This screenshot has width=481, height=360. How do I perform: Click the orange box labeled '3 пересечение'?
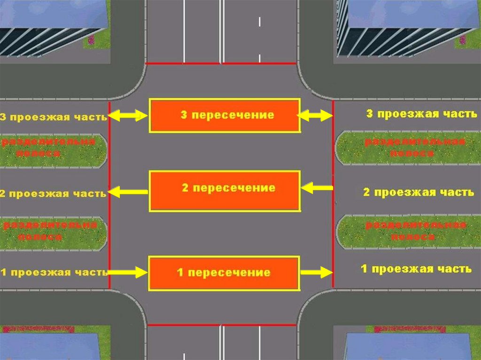225,115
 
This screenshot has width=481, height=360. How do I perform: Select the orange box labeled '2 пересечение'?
225,191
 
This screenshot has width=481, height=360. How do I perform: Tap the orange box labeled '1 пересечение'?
224,273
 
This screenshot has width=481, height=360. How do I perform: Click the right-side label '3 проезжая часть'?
409,114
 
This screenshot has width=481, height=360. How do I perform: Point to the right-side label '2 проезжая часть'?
419,192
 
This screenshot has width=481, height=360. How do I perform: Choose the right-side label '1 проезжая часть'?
416,269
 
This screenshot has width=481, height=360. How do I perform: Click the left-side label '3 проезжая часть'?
54,117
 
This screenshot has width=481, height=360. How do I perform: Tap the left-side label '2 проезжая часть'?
54,193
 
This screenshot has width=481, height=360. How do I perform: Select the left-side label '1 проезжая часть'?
54,272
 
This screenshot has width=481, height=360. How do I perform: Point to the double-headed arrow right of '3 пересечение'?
315,115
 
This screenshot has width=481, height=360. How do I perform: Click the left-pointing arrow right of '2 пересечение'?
316,189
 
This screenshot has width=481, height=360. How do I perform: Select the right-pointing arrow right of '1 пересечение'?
316,272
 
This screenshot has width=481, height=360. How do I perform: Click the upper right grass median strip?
408,148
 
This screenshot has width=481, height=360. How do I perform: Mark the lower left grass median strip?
53,233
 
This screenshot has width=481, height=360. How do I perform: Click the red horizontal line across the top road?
221,63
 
